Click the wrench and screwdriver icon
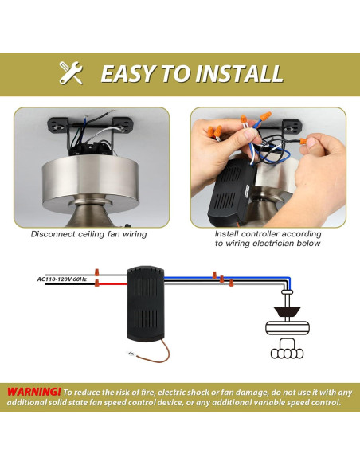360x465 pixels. pyautogui.click(x=72, y=73)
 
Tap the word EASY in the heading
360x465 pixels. pyautogui.click(x=127, y=74)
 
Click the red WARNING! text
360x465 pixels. pyautogui.click(x=33, y=392)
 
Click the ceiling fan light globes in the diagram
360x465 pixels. pyautogui.click(x=284, y=350)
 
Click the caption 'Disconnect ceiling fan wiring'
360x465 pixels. pyautogui.click(x=88, y=234)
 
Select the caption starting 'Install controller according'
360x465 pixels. pyautogui.click(x=268, y=234)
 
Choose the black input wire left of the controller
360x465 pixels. pyautogui.click(x=80, y=286)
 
